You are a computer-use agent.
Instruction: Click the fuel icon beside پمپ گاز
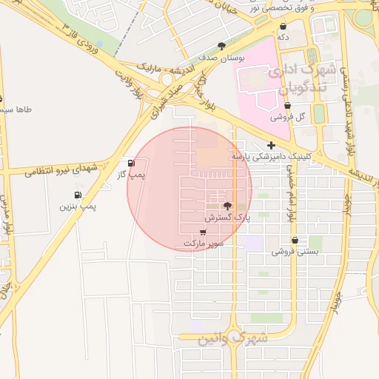tap(131, 164)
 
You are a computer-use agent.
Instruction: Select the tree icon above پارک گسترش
tap(227, 207)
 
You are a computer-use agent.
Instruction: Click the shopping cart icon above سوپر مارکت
tap(204, 232)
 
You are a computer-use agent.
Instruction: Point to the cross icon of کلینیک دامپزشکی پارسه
tap(272, 145)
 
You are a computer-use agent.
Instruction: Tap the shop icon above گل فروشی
tap(287, 106)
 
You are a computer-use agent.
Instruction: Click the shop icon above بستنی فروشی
tap(295, 241)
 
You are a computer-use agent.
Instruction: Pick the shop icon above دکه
tap(284, 26)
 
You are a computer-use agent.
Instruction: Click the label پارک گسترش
tap(228, 219)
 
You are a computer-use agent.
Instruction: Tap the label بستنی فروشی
tap(295, 252)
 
